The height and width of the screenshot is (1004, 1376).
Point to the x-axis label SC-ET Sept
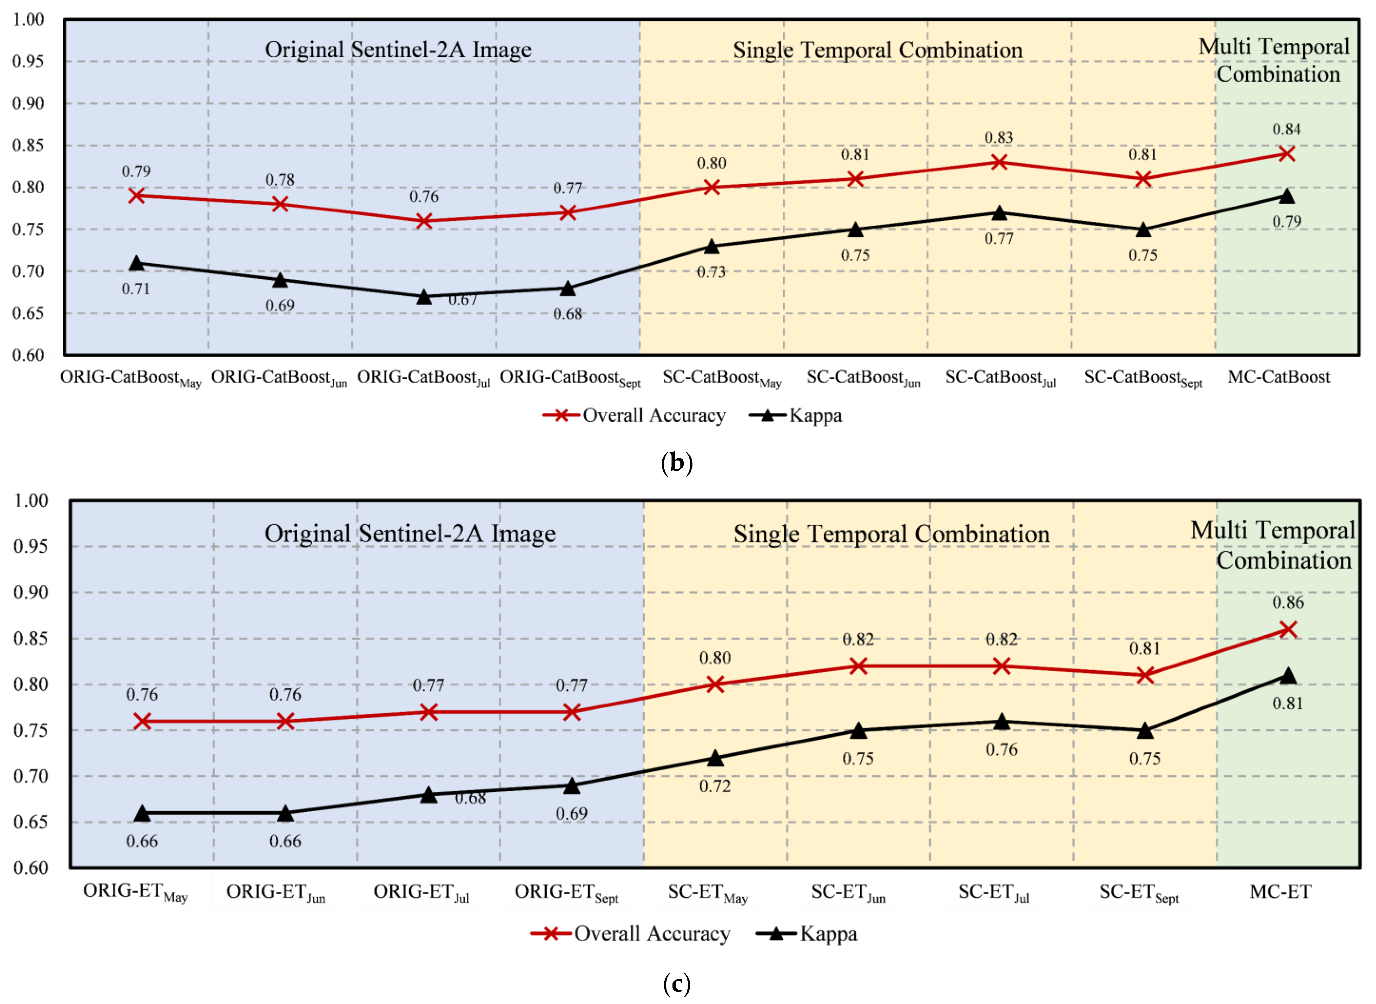(1138, 892)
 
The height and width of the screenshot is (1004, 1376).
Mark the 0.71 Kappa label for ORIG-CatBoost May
(136, 289)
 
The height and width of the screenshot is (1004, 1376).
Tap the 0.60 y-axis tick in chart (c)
(30, 867)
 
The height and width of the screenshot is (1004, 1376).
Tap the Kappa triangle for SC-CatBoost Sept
(1143, 230)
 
